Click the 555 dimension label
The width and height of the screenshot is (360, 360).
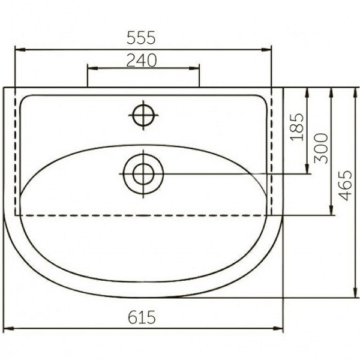point(141,38)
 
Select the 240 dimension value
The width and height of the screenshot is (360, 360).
point(142,61)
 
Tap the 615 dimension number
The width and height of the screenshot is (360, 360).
point(142,317)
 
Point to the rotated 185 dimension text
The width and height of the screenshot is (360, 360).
point(297,127)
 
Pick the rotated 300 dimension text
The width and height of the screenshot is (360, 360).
point(321,149)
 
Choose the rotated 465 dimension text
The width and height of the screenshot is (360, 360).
point(345,185)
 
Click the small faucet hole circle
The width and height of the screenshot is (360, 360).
point(143,115)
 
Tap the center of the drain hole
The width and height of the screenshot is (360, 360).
point(143,174)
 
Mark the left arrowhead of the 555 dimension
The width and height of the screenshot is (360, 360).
point(20,50)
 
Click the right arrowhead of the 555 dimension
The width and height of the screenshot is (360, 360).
point(266,50)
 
